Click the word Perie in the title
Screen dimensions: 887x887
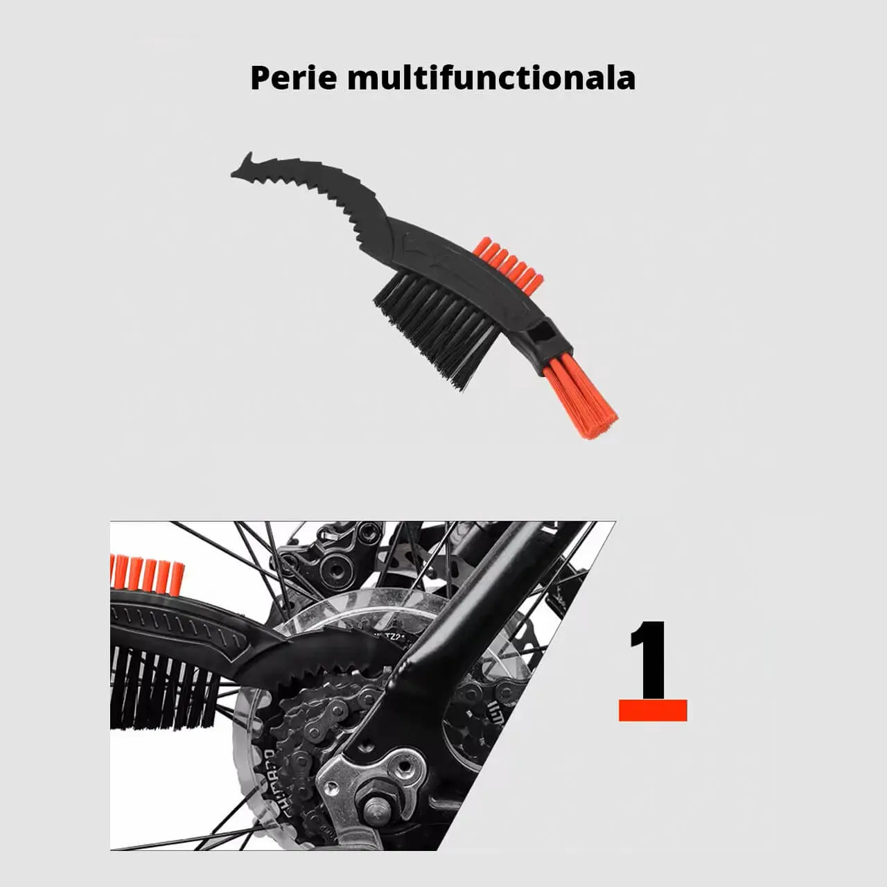[294, 78]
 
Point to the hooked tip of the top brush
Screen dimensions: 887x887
[242, 167]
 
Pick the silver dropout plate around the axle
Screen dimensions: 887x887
[373, 782]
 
